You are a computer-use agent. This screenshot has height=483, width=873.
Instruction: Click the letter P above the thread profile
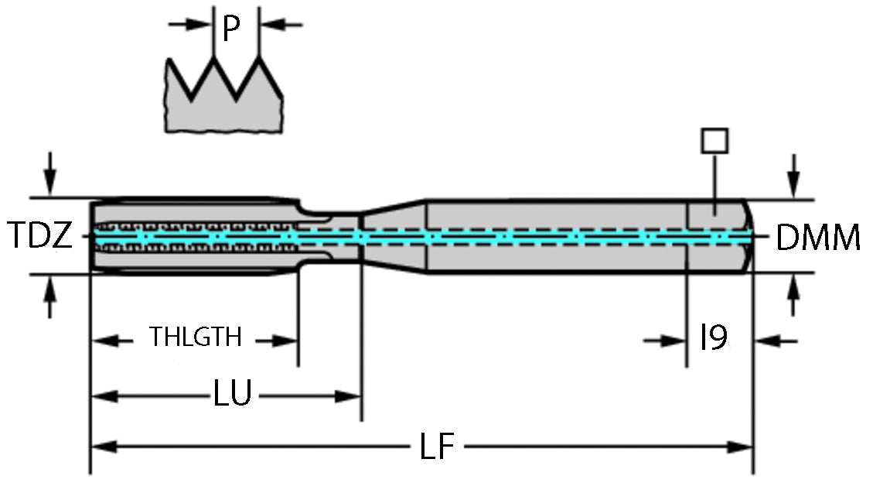pos(230,29)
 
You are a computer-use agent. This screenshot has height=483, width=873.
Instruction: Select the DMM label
pos(817,238)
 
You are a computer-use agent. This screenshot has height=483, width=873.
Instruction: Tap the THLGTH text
pos(196,338)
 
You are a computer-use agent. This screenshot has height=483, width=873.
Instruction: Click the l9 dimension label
pos(712,339)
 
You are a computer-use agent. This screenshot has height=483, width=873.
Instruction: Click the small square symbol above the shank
pos(714,140)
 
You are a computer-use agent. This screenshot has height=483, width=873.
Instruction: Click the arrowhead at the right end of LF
pos(743,447)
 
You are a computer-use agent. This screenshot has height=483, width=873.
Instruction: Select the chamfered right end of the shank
pos(749,236)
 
